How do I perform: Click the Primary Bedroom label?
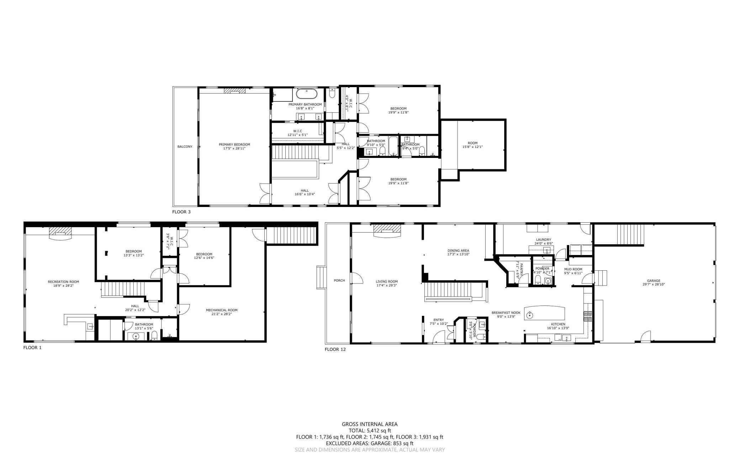[234, 144]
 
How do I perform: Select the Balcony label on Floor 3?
[185, 147]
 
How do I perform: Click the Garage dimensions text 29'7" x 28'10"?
[654, 285]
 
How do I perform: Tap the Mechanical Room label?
[221, 310]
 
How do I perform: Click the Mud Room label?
[573, 269]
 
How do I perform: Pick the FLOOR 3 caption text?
[181, 212]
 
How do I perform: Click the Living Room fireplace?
[386, 230]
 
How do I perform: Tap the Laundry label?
[543, 240]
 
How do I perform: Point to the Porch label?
[339, 281]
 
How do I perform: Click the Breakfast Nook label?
[506, 313]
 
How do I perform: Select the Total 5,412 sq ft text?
[369, 430]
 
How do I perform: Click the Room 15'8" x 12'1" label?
[472, 143]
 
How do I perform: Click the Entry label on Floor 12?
[438, 320]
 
